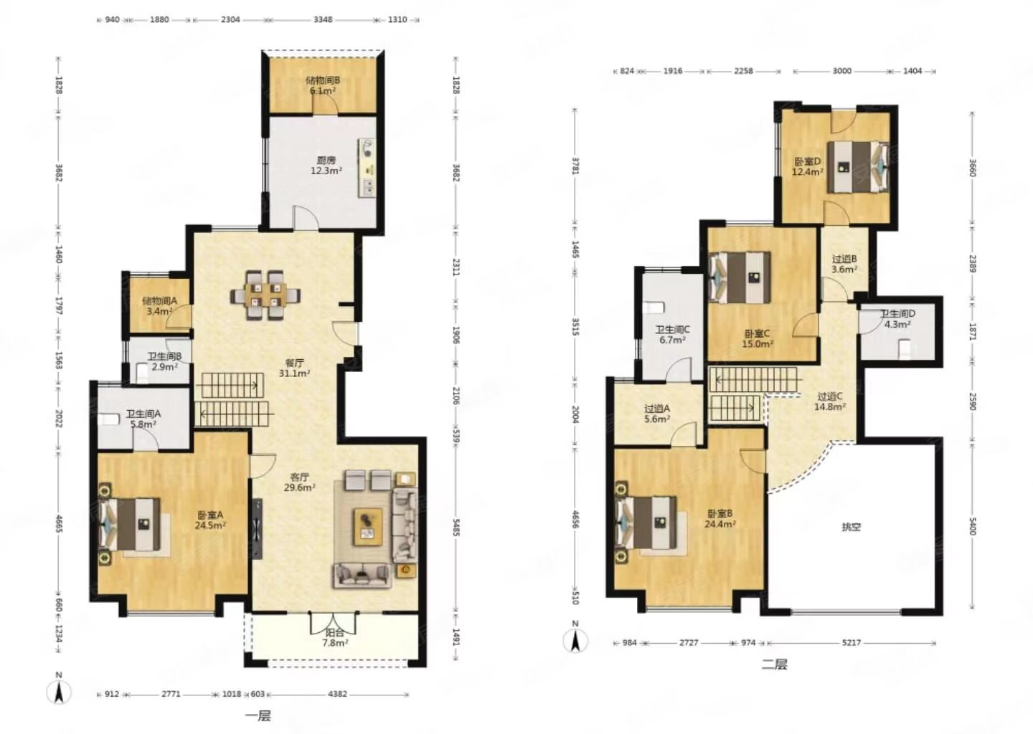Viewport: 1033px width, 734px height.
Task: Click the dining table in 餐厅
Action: (265, 295)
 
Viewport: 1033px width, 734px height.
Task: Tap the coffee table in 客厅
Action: (367, 527)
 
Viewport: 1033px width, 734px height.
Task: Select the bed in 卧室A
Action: (130, 524)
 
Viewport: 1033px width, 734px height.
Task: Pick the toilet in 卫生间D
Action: (905, 349)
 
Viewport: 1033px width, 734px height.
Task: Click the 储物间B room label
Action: (323, 80)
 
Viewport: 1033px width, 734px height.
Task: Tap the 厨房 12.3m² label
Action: (326, 166)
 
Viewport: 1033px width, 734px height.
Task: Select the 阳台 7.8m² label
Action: (335, 637)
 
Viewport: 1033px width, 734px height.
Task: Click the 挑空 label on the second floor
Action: (851, 527)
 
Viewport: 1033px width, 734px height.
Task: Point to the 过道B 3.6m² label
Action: (844, 264)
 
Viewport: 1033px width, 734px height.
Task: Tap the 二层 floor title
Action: (774, 664)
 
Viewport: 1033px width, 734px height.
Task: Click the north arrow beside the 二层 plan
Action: (575, 638)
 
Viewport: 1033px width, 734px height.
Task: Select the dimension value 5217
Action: (852, 642)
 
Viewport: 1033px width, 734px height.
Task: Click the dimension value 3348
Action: (323, 20)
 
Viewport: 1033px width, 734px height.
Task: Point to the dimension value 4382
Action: (337, 694)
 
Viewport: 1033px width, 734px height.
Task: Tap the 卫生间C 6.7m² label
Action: (673, 335)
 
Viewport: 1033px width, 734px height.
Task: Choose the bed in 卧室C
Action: (740, 277)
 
